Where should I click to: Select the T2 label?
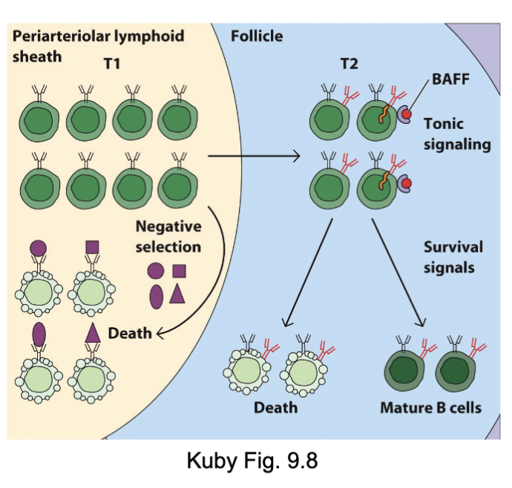349,64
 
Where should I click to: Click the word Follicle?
257,35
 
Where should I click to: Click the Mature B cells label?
430,407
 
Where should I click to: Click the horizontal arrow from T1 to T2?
252,156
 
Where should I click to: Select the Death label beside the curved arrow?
129,333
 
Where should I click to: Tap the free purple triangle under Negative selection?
176,294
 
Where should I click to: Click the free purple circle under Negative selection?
154,271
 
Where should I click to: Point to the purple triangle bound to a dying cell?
93,333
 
